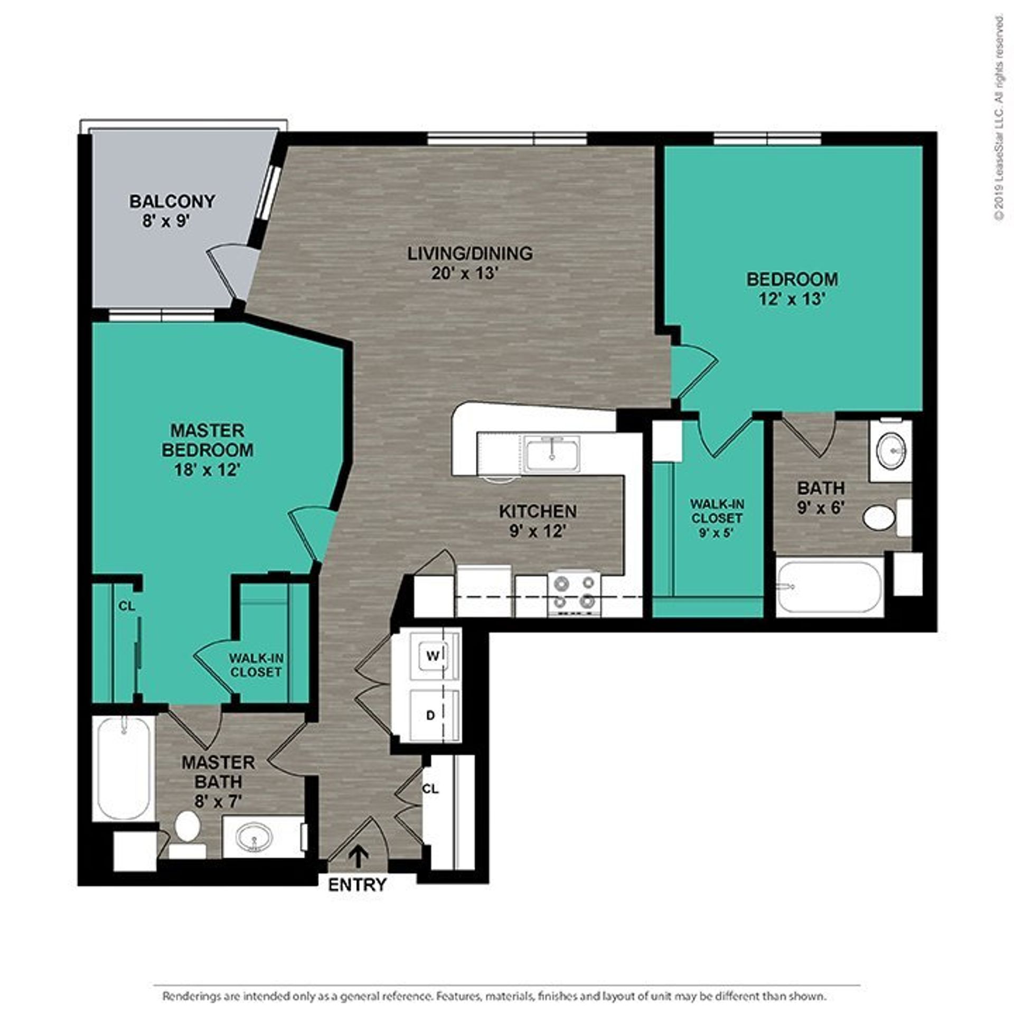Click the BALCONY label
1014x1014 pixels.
click(x=172, y=201)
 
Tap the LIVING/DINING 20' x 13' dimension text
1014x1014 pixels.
click(x=465, y=274)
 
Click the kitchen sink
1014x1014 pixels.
click(x=553, y=453)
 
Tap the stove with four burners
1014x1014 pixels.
click(x=574, y=594)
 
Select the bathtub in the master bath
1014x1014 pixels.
click(x=124, y=768)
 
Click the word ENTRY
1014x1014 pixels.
click(x=358, y=885)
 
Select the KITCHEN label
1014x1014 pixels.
click(x=538, y=511)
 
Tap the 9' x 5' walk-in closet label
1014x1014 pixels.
click(x=717, y=532)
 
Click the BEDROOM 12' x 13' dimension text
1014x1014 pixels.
click(x=792, y=299)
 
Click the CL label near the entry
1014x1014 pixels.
click(x=430, y=789)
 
